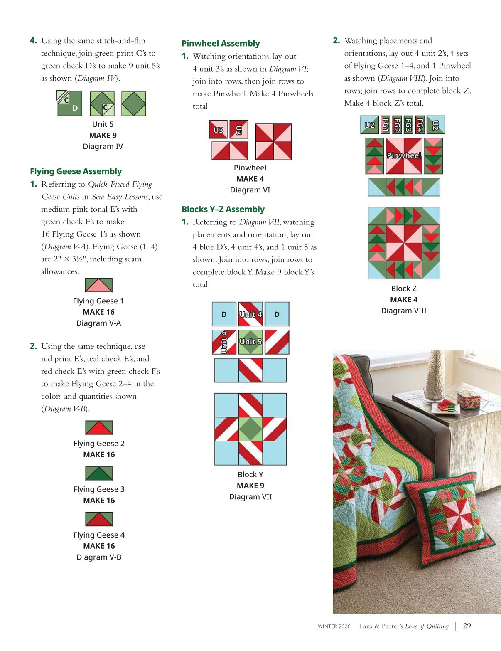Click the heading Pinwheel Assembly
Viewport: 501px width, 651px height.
click(x=221, y=43)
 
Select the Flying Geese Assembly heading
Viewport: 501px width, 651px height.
click(x=76, y=171)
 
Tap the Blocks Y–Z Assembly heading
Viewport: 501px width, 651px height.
click(x=223, y=209)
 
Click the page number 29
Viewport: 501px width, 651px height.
click(x=467, y=626)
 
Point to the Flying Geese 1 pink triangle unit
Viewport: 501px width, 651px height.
click(x=99, y=285)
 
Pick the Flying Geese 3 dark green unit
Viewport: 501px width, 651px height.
click(x=99, y=473)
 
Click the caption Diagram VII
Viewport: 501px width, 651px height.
click(x=250, y=497)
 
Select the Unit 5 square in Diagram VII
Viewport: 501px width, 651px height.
click(x=250, y=342)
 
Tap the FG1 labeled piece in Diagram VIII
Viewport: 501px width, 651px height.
click(x=385, y=125)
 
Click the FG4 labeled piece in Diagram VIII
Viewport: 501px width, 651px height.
click(x=420, y=125)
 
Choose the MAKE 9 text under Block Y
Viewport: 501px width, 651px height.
click(x=250, y=486)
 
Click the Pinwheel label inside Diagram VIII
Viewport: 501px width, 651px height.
click(x=404, y=155)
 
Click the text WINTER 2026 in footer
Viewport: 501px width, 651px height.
click(x=334, y=626)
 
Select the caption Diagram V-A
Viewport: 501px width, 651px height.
click(x=99, y=323)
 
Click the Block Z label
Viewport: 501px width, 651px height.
click(x=404, y=289)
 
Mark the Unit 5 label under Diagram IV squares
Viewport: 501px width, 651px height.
click(x=103, y=124)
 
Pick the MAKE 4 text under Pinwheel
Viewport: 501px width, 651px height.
click(x=250, y=179)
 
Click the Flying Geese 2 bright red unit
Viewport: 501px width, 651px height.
click(x=99, y=427)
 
